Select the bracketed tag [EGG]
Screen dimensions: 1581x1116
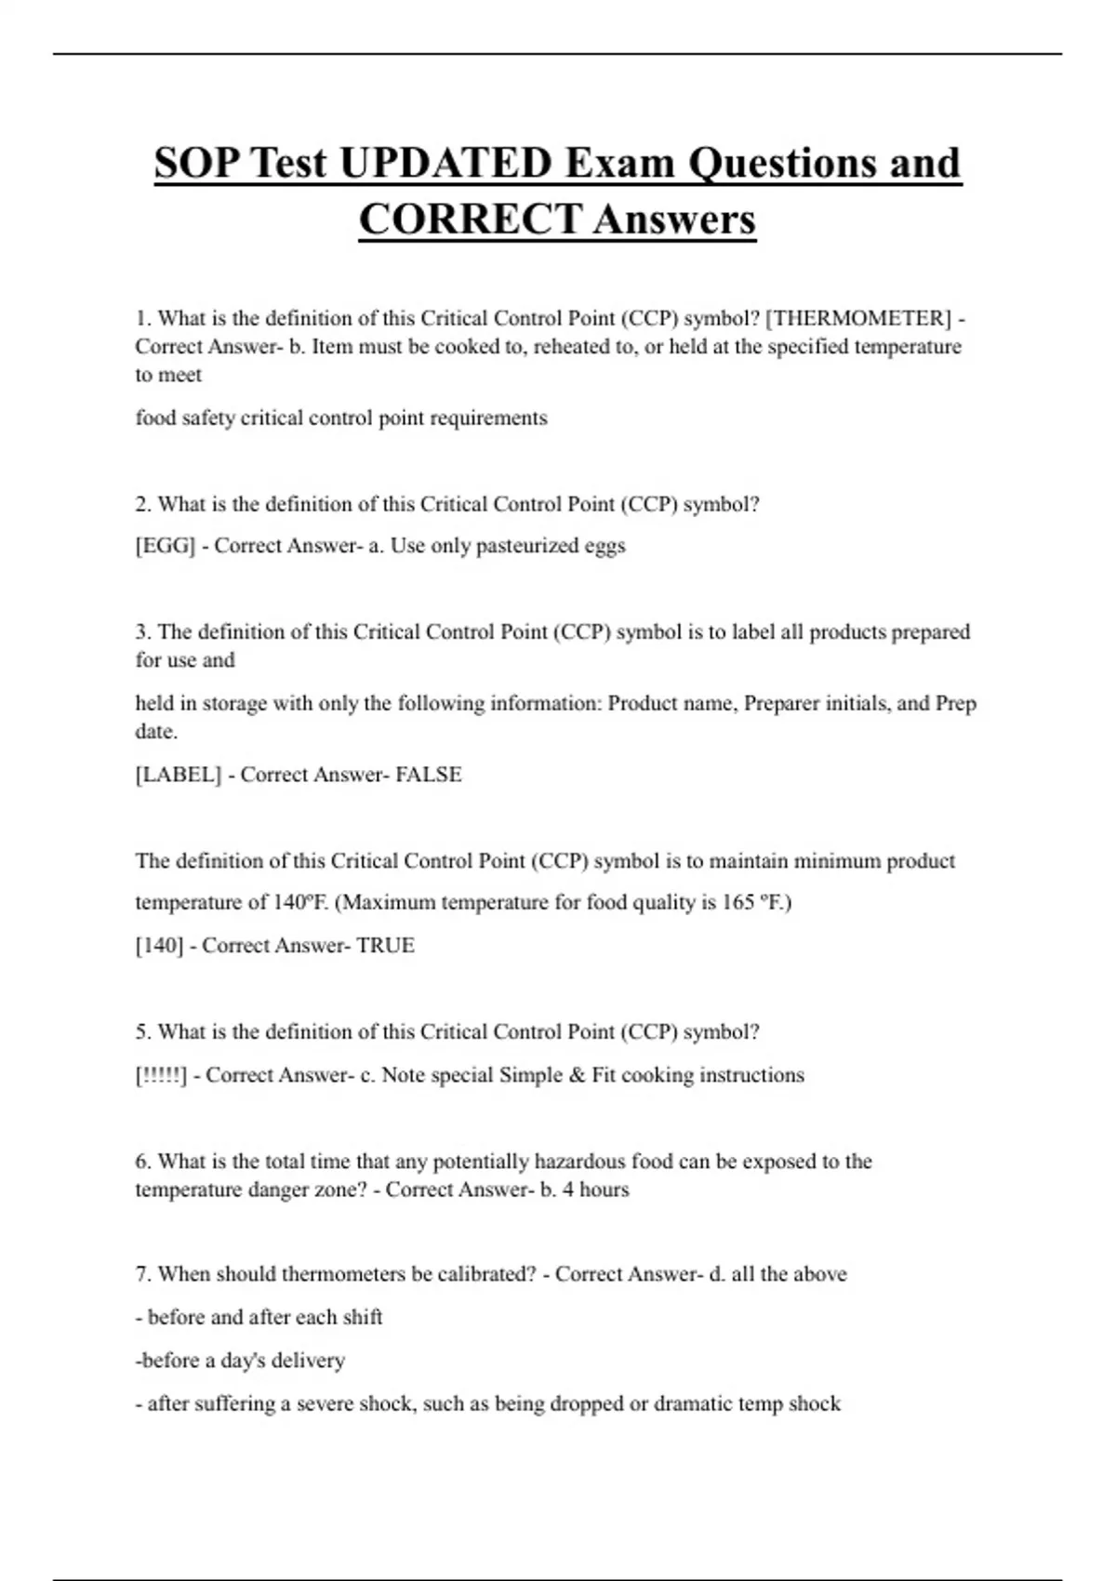(x=166, y=546)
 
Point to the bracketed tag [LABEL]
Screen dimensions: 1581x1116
(x=179, y=775)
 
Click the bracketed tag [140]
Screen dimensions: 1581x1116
(x=159, y=946)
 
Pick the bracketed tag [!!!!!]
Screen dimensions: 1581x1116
(x=161, y=1075)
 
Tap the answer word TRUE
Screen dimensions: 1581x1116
(x=386, y=946)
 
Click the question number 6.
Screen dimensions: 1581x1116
(x=142, y=1162)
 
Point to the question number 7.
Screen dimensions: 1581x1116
(x=142, y=1274)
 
